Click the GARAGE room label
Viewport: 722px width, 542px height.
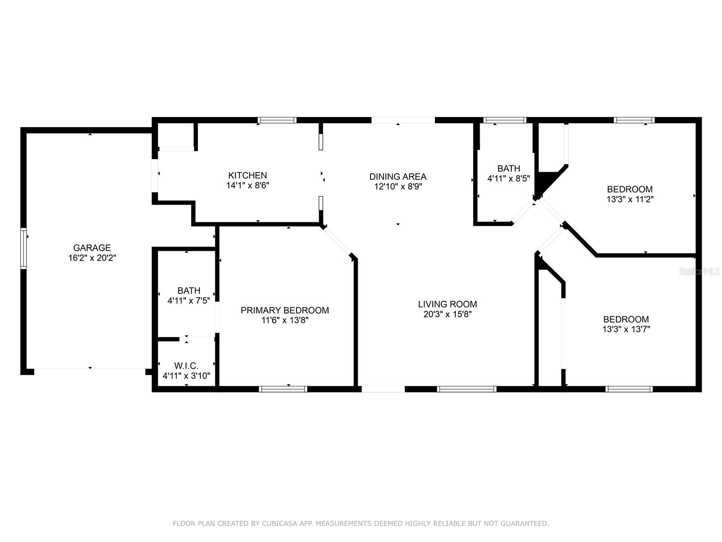pos(92,248)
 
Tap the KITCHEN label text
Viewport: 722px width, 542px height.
pos(247,175)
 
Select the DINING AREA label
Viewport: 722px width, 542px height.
pos(398,177)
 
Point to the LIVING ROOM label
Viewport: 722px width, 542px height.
pos(447,304)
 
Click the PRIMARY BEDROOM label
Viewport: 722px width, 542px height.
pos(285,310)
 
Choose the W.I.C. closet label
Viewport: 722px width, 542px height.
pos(186,365)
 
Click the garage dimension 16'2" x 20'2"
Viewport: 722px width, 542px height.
pos(92,257)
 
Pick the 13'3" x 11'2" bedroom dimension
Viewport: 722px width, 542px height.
pos(629,199)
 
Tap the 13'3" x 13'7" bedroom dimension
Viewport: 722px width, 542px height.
pos(626,329)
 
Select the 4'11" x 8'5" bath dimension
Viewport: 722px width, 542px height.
pos(509,178)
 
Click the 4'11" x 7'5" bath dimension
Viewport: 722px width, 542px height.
pos(189,300)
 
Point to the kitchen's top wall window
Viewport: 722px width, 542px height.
pos(277,120)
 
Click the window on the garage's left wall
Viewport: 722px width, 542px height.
pos(23,248)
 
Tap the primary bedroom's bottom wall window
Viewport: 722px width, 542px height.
pos(283,389)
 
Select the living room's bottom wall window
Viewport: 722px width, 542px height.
pos(467,389)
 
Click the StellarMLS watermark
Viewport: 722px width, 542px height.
pos(699,271)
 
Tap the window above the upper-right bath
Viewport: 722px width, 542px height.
pos(505,120)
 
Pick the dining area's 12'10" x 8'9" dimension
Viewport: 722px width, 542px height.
pos(398,187)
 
